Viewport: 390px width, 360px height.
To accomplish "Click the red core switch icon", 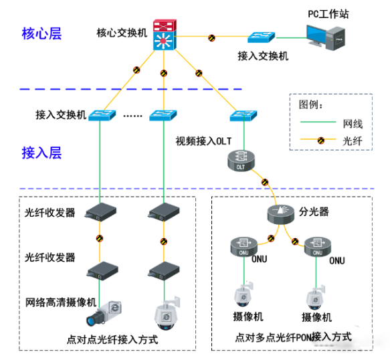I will point(163,35).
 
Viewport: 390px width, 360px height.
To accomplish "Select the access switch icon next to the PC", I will point(262,37).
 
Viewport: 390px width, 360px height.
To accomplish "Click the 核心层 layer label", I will point(41,33).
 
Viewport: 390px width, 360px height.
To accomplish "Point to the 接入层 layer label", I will point(41,153).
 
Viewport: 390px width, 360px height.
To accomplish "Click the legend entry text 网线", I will point(353,123).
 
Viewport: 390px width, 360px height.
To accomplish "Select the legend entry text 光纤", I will point(353,141).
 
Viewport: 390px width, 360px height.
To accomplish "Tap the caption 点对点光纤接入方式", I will point(112,339).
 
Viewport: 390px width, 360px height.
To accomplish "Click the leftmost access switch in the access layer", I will point(100,115).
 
